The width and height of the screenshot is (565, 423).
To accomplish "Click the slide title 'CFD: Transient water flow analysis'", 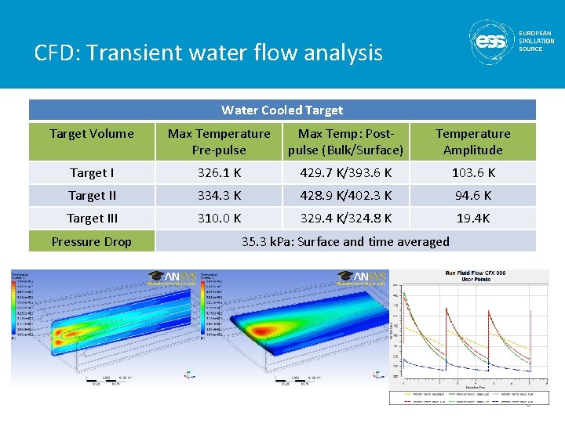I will (x=208, y=52).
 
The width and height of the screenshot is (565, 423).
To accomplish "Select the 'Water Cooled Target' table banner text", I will (x=282, y=110).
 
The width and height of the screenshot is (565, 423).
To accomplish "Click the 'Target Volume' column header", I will (x=92, y=133).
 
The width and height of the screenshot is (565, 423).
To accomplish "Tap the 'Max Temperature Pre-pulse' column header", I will (x=218, y=142).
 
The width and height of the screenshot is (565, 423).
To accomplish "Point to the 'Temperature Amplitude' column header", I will (x=472, y=142).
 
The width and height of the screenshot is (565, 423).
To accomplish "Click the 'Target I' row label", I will (x=92, y=172).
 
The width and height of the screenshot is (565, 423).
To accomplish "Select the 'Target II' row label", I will (x=92, y=195).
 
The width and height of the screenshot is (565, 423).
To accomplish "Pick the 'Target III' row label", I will (x=92, y=218).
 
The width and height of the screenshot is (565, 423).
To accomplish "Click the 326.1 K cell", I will (x=218, y=172).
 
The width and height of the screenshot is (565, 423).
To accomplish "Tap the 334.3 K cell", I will (x=218, y=195).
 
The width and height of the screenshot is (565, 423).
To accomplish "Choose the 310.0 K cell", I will (x=218, y=218).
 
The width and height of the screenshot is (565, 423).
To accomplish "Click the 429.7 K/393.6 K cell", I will (x=345, y=172).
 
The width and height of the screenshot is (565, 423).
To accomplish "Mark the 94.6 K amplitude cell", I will (x=472, y=195).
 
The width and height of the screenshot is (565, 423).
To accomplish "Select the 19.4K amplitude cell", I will (x=472, y=218).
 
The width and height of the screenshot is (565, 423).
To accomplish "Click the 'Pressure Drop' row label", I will (x=92, y=241).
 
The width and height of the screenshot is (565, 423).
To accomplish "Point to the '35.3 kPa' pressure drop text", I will (x=345, y=241).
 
